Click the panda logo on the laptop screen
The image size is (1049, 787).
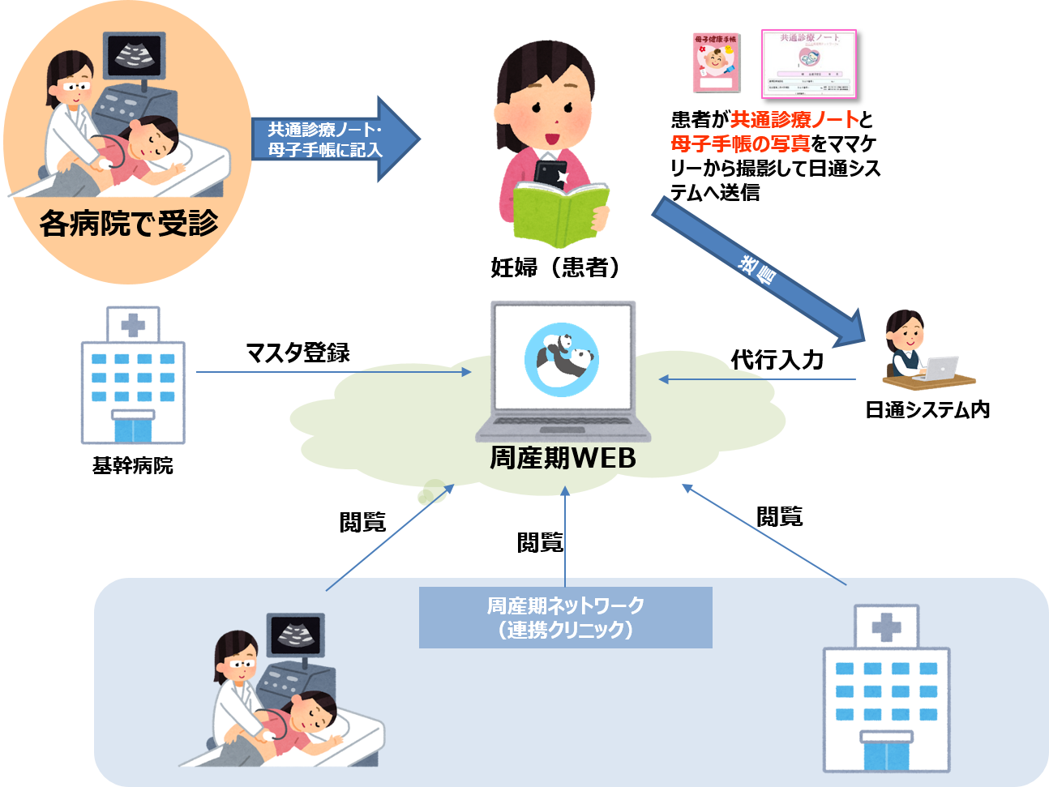coord(562,359)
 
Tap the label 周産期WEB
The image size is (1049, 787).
coord(563,459)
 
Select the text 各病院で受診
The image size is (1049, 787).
coord(130,223)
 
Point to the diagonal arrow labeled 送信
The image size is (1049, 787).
coord(758,272)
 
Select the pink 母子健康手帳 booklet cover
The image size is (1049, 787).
coord(717,62)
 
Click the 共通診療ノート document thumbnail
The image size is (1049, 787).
coord(808,63)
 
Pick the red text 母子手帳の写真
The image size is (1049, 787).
coord(740,144)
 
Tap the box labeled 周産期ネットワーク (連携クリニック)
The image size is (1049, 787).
coord(565,618)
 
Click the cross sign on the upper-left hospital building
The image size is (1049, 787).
coord(133,326)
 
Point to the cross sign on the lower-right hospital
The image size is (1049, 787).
coord(886,627)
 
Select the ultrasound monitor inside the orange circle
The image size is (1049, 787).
coord(135,55)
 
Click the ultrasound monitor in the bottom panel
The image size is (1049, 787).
coord(296,634)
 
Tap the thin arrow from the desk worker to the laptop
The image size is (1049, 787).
coord(757,379)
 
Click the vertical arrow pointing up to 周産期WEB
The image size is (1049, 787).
coord(565,535)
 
